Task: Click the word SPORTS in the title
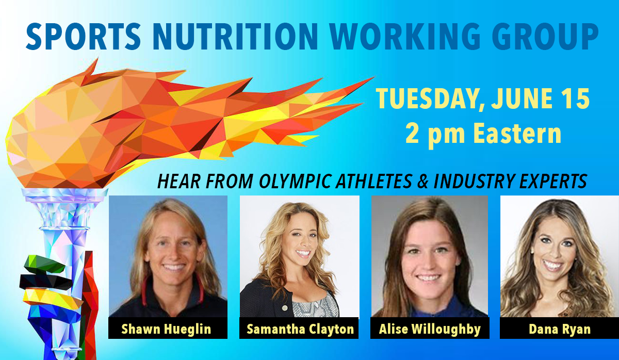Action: (84, 36)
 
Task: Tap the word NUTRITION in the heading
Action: (235, 36)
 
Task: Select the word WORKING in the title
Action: (405, 36)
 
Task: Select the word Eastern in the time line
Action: (517, 134)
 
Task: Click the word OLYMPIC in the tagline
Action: (296, 181)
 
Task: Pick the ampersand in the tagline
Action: (423, 181)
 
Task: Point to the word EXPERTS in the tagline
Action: (553, 181)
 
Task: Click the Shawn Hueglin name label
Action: (168, 328)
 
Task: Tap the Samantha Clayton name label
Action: (299, 328)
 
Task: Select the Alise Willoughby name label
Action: (430, 328)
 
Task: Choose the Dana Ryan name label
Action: (559, 328)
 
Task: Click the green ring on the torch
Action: (44, 264)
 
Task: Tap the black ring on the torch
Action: (45, 282)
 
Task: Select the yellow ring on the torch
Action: (53, 300)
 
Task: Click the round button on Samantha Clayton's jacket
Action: (285, 308)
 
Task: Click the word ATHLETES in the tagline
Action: (374, 181)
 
